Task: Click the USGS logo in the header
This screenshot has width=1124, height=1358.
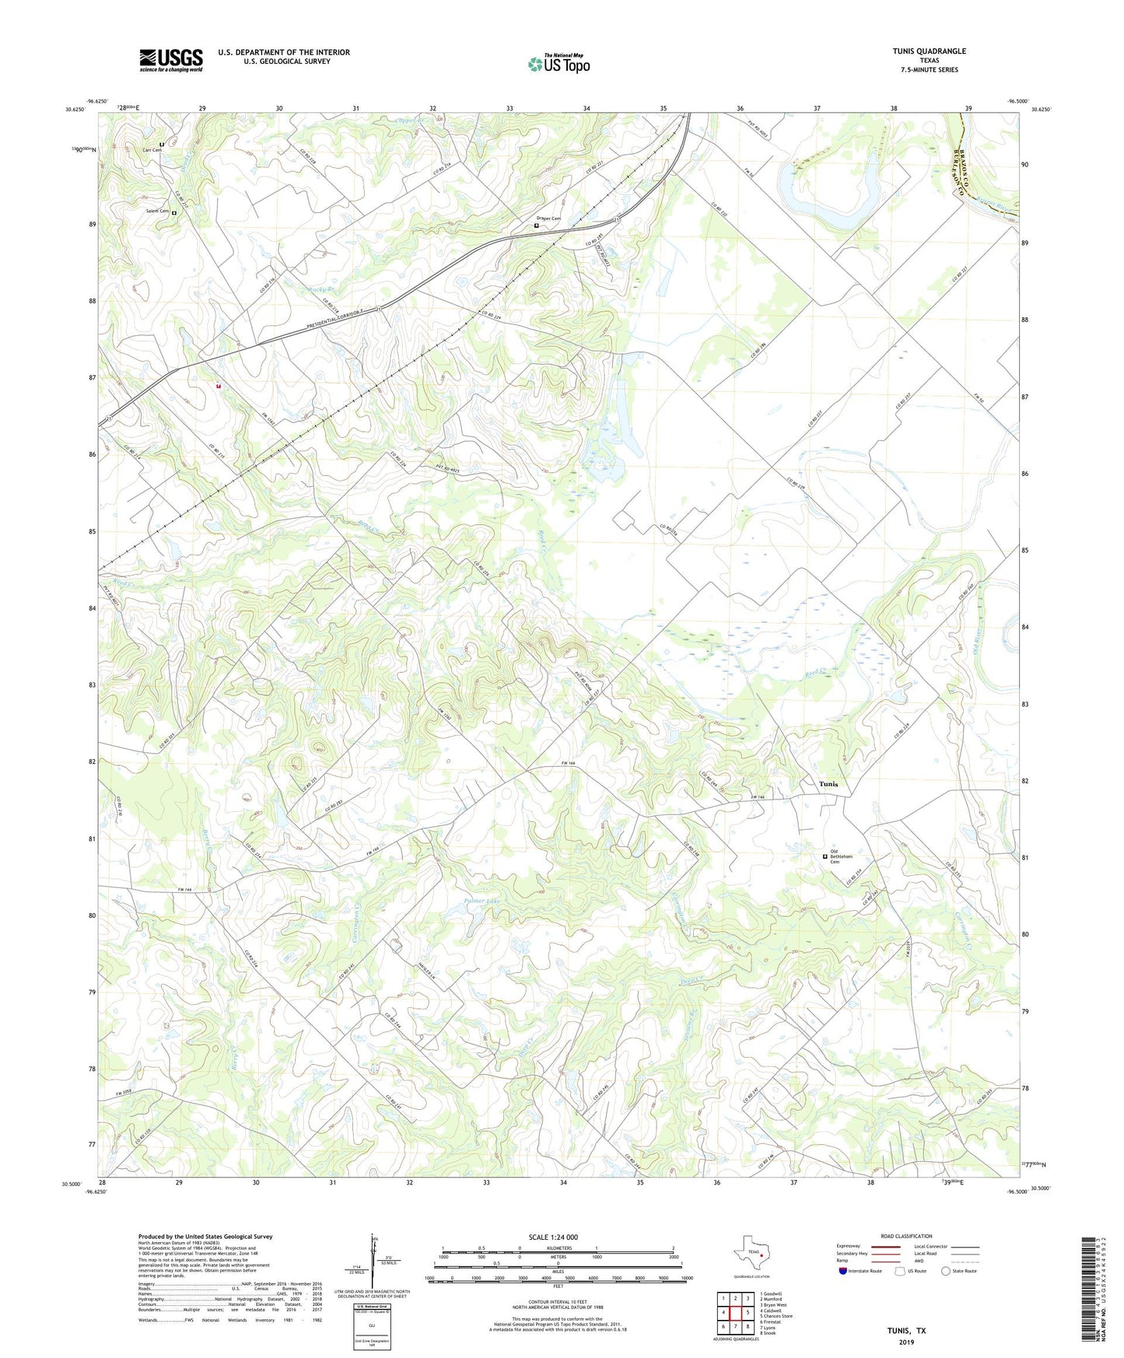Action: click(x=171, y=60)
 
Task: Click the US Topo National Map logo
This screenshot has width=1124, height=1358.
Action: click(x=558, y=64)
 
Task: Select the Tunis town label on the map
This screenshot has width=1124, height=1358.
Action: click(x=828, y=784)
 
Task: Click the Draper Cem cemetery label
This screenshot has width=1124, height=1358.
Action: click(x=548, y=219)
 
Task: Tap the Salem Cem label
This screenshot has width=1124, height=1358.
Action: click(x=157, y=211)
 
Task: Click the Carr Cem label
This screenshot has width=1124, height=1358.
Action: click(x=151, y=149)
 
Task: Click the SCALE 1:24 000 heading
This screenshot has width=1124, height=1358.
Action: click(x=553, y=1237)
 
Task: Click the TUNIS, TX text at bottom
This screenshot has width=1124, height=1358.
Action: click(x=906, y=1331)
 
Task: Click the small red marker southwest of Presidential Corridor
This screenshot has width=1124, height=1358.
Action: click(x=219, y=385)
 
